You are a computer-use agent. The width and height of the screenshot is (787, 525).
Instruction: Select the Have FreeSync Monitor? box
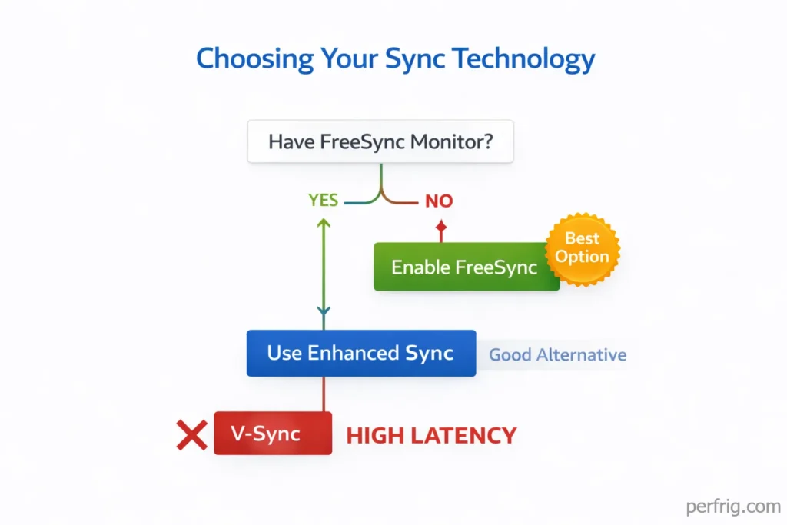[x=380, y=142]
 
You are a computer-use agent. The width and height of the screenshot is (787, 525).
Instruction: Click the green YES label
[x=323, y=201]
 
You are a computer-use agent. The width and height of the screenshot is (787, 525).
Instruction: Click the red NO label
[x=439, y=201]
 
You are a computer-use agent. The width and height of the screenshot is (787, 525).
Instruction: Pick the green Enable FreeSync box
[x=466, y=267]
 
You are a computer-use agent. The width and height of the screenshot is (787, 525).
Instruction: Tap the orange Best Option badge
[x=582, y=248]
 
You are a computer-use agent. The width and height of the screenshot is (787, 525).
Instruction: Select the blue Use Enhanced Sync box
[x=360, y=354]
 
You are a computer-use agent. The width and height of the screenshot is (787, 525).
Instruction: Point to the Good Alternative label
[x=557, y=355]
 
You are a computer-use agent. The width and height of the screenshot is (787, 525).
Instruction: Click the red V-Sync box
[x=273, y=433]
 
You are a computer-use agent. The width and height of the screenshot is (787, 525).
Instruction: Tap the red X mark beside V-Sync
[x=191, y=435]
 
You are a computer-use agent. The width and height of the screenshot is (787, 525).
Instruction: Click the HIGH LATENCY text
[x=431, y=436]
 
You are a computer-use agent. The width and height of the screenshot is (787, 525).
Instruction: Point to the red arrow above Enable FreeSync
[x=440, y=230]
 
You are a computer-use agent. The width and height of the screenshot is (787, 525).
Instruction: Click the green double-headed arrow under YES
[x=324, y=266]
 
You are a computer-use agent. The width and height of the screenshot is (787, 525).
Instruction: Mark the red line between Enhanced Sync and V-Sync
[x=324, y=394]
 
